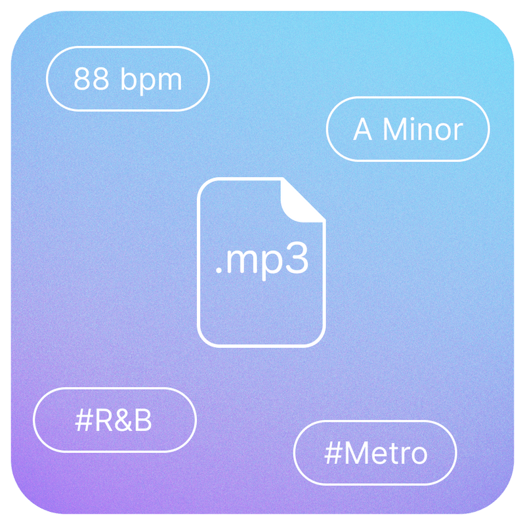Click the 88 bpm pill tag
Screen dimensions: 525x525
pyautogui.click(x=127, y=79)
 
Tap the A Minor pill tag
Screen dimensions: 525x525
pyautogui.click(x=408, y=129)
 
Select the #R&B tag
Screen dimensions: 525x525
pyautogui.click(x=114, y=421)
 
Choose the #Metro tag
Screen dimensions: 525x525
pyautogui.click(x=375, y=453)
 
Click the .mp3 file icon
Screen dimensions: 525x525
pyautogui.click(x=261, y=262)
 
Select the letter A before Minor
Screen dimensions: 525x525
pyautogui.click(x=363, y=129)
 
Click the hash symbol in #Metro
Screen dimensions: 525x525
pyautogui.click(x=332, y=453)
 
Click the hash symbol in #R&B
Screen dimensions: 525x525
pyautogui.click(x=83, y=421)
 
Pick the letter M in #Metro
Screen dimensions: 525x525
pyautogui.click(x=355, y=453)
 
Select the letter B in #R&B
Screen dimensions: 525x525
pyautogui.click(x=144, y=421)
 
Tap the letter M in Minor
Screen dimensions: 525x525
pyautogui.click(x=393, y=129)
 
